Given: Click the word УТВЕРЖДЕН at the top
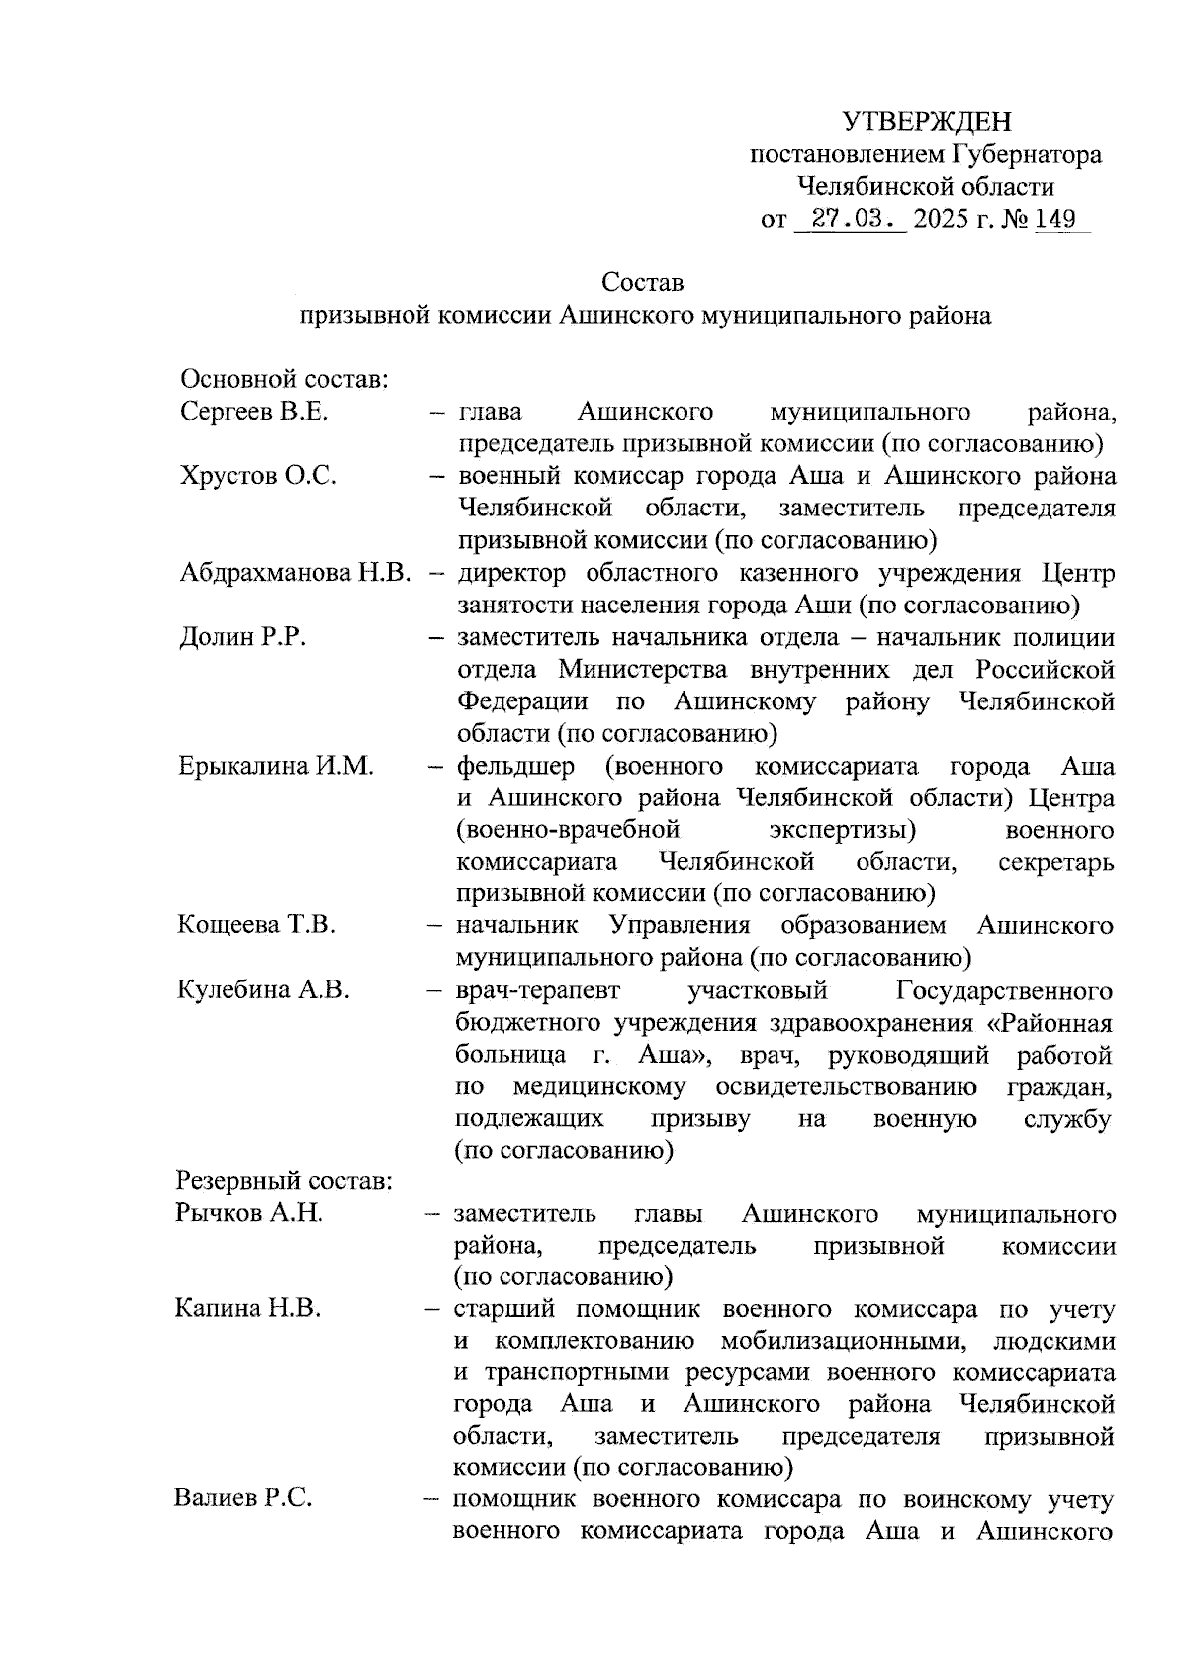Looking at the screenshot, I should tap(927, 122).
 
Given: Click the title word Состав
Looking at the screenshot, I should tap(643, 283).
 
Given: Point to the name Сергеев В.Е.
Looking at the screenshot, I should tap(254, 413).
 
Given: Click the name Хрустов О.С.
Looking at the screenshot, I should tap(258, 477).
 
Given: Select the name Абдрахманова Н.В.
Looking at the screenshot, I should tap(296, 573).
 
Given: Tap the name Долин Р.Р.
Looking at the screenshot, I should tap(242, 637).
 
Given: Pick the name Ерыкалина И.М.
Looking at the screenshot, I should tap(276, 766).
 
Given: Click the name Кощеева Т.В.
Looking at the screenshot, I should tap(257, 926).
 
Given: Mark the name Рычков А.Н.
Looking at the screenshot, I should tap(249, 1214).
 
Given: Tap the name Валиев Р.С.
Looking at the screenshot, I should tap(243, 1498).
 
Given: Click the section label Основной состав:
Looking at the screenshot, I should tap(283, 380).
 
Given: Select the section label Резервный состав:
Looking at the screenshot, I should tap(285, 1182).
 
